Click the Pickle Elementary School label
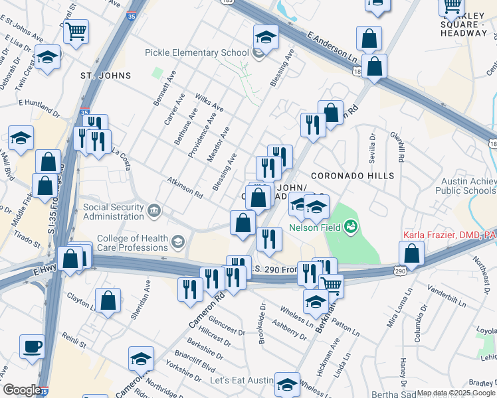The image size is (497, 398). tap(197, 53)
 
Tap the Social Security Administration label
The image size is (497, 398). tap(114, 212)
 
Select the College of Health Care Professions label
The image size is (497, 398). tap(133, 243)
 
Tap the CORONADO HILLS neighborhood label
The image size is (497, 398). tap(356, 176)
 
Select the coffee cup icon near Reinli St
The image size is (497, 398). tap(32, 346)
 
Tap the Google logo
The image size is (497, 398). tap(21, 390)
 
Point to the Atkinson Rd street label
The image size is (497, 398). tap(185, 187)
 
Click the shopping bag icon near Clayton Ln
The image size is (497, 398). tap(108, 300)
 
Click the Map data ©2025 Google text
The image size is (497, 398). tap(456, 393)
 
